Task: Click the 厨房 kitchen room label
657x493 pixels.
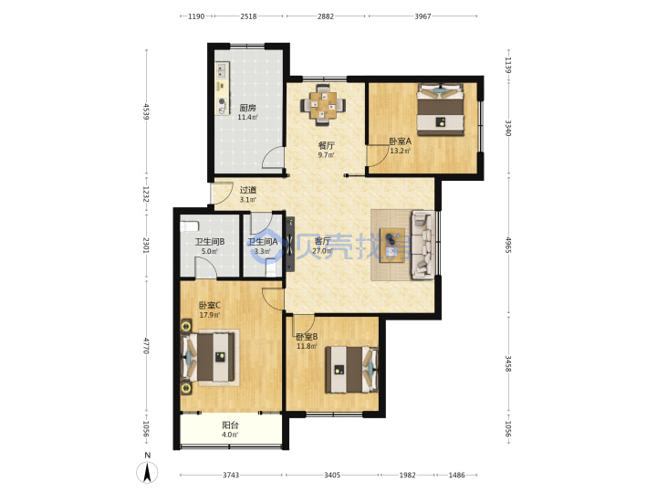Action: (247, 108)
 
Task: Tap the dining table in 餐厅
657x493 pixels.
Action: (323, 105)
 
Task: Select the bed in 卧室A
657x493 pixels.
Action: (441, 110)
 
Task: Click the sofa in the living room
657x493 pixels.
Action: (422, 245)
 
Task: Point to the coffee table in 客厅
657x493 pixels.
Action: (392, 246)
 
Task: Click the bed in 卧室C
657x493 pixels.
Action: (208, 357)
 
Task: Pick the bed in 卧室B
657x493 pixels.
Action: (352, 370)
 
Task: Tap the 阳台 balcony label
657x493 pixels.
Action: (230, 425)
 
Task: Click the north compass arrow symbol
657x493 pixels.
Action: (147, 473)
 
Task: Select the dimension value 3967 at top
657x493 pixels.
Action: (422, 16)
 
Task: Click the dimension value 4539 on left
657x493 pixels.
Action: (145, 111)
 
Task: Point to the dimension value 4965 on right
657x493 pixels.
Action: (508, 245)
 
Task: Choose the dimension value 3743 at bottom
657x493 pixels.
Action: (231, 475)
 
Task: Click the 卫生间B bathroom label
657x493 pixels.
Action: (210, 242)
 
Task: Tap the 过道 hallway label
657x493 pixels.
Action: (247, 190)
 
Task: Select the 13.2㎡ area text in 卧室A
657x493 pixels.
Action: (401, 151)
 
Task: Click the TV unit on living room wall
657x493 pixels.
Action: (289, 244)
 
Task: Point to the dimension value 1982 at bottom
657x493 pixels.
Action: (407, 475)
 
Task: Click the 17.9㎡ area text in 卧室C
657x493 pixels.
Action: (210, 315)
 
